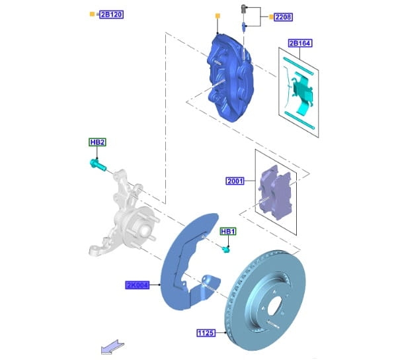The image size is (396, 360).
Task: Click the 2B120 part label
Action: click(111, 15)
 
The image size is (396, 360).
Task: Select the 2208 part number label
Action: click(284, 17)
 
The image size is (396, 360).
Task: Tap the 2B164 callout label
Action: click(300, 43)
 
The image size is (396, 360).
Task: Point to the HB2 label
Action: click(97, 142)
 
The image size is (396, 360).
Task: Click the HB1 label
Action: click(228, 232)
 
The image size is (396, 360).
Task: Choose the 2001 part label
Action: click(235, 181)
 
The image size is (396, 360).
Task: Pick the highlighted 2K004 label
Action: click(137, 285)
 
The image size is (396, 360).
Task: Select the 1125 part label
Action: click(206, 333)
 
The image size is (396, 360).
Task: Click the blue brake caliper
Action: click(230, 78)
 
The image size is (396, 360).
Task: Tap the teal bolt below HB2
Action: click(98, 164)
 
